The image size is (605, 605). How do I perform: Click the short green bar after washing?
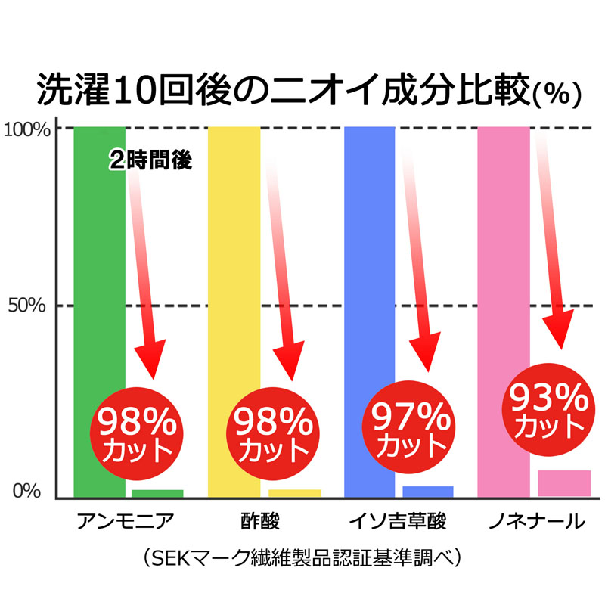pyautogui.click(x=157, y=493)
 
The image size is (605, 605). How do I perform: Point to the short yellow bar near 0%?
pyautogui.click(x=295, y=493)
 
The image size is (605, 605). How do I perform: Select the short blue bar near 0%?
pyautogui.click(x=428, y=491)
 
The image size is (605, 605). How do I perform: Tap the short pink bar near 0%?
pyautogui.click(x=564, y=483)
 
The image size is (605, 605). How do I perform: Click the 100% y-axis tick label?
pyautogui.click(x=27, y=129)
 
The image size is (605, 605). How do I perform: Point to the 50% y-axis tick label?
pyautogui.click(x=31, y=306)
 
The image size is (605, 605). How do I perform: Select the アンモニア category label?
pyautogui.click(x=126, y=522)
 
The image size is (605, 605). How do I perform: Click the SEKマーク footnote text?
pyautogui.click(x=302, y=559)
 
